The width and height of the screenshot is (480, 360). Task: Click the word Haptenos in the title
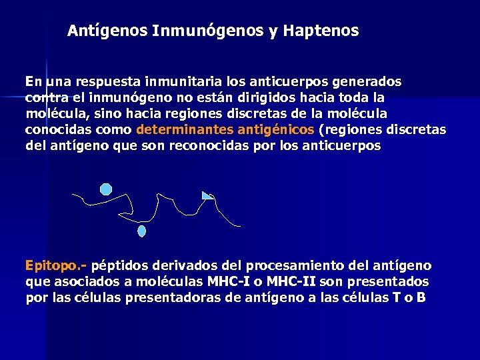point(321,31)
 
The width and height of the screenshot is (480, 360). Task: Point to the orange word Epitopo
point(54,265)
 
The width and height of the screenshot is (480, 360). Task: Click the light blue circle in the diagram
point(106,189)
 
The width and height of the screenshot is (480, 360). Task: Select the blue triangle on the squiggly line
point(207,195)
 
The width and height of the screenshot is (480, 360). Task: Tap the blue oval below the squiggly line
point(141,231)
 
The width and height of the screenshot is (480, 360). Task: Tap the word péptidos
point(124,265)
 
